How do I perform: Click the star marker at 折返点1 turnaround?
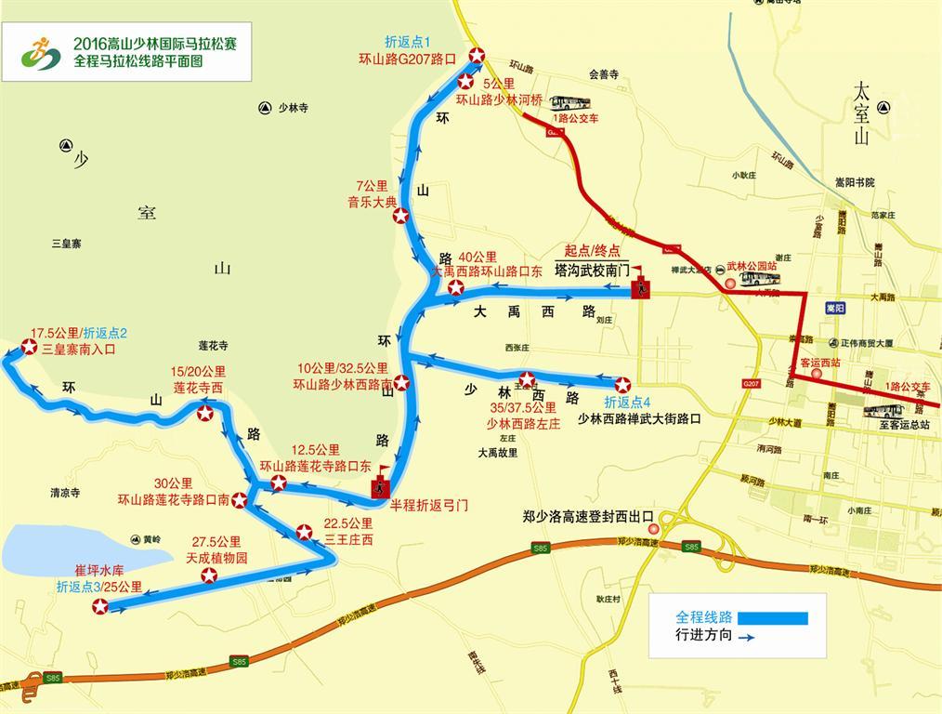tap(476, 56)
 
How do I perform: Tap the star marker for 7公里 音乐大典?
tap(400, 216)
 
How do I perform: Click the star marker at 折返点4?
tap(621, 384)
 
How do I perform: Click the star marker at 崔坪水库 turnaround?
tap(99, 607)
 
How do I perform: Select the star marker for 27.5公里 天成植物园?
tap(210, 575)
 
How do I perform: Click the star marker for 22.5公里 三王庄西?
tap(304, 533)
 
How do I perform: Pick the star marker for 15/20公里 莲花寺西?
tap(204, 413)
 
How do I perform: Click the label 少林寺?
tap(292, 108)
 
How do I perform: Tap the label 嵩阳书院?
tap(856, 182)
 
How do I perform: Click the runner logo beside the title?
tap(41, 54)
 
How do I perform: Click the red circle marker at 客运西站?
tap(816, 375)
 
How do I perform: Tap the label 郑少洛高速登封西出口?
tap(588, 517)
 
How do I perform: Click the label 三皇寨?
tap(67, 244)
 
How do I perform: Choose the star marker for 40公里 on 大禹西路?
tap(455, 288)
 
